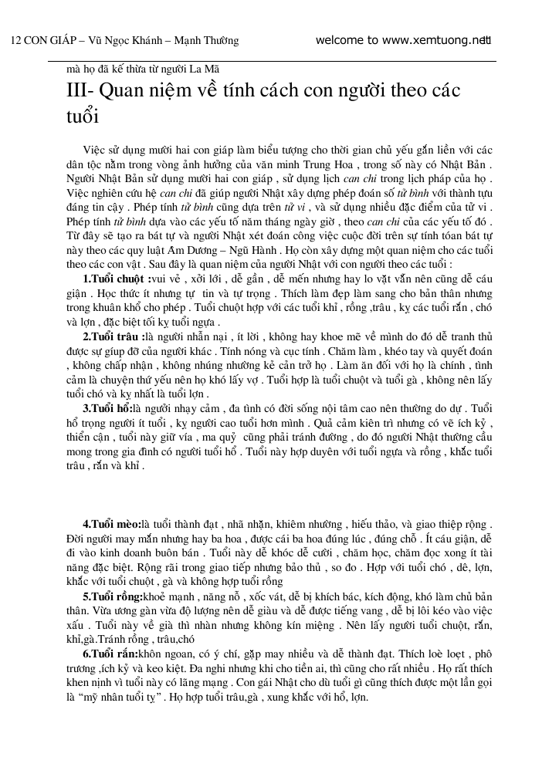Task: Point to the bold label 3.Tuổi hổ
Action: tap(107, 407)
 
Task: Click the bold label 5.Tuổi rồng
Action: tap(113, 596)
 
